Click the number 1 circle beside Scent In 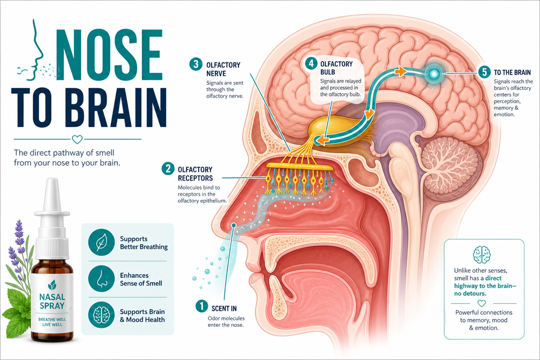pyautogui.click(x=201, y=306)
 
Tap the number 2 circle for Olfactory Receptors pyautogui.click(x=168, y=169)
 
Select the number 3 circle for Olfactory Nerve pyautogui.click(x=196, y=64)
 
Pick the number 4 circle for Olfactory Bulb pyautogui.click(x=311, y=63)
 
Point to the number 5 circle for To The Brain pyautogui.click(x=484, y=72)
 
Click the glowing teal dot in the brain pyautogui.click(x=433, y=73)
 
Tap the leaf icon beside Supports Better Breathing pyautogui.click(x=101, y=242)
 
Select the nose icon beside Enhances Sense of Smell pyautogui.click(x=101, y=279)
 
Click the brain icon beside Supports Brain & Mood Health pyautogui.click(x=101, y=315)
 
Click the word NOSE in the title pyautogui.click(x=110, y=55)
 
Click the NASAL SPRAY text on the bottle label pyautogui.click(x=52, y=301)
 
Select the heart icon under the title pyautogui.click(x=77, y=139)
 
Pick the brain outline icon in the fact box pyautogui.click(x=482, y=254)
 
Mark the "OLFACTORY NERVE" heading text pyautogui.click(x=223, y=69)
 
